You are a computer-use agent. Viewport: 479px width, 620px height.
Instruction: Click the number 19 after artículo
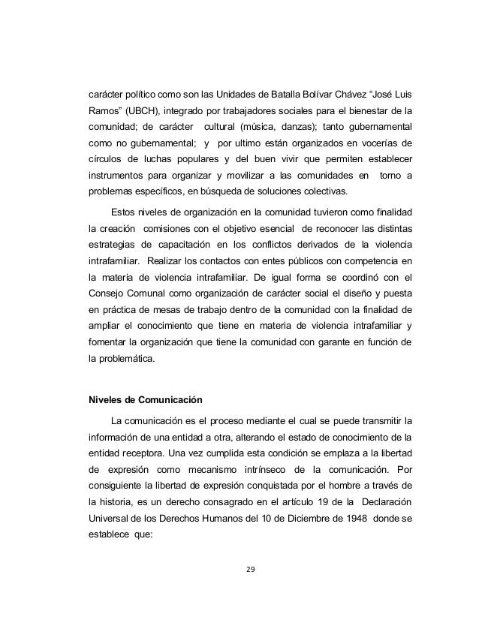(303, 501)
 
